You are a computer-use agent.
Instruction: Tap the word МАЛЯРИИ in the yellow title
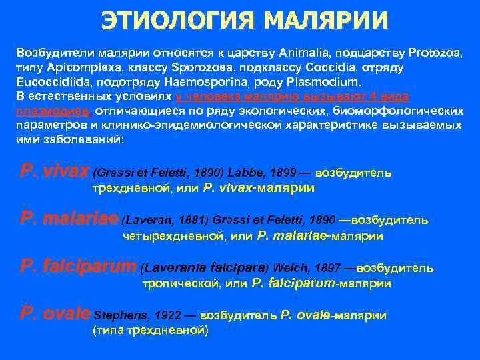tap(325, 21)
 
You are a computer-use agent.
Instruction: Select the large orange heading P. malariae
tap(69, 219)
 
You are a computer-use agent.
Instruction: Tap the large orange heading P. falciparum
tap(78, 267)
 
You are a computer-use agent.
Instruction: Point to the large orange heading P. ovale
tap(55, 314)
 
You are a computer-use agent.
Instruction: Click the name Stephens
tap(123, 315)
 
